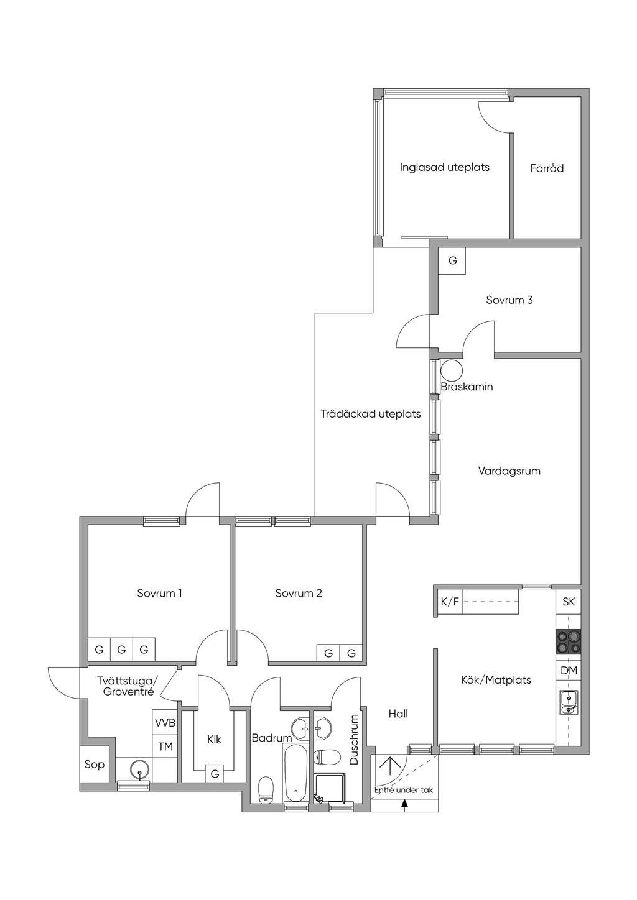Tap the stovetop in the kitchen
[x=568, y=642]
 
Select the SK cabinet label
[x=569, y=602]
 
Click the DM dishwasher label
[x=569, y=671]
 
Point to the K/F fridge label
[x=450, y=602]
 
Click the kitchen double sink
[x=568, y=702]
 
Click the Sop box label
[x=94, y=765]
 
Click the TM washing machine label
[x=165, y=746]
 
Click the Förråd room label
[x=547, y=168]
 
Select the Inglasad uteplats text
[x=444, y=167]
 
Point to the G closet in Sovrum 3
[x=452, y=261]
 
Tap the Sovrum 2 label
[x=299, y=593]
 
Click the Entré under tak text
[x=404, y=790]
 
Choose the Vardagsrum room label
[x=509, y=471]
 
